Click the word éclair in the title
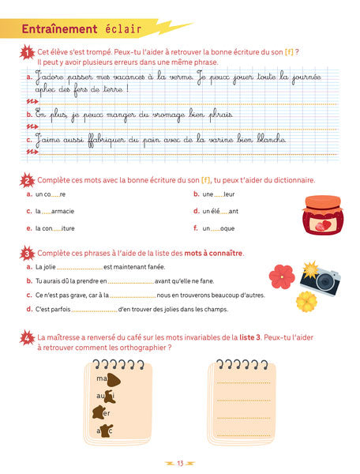[122, 30]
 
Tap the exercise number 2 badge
[28, 181]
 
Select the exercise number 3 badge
[28, 254]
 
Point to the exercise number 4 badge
[28, 336]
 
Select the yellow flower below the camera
[306, 301]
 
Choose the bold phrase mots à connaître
[213, 253]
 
